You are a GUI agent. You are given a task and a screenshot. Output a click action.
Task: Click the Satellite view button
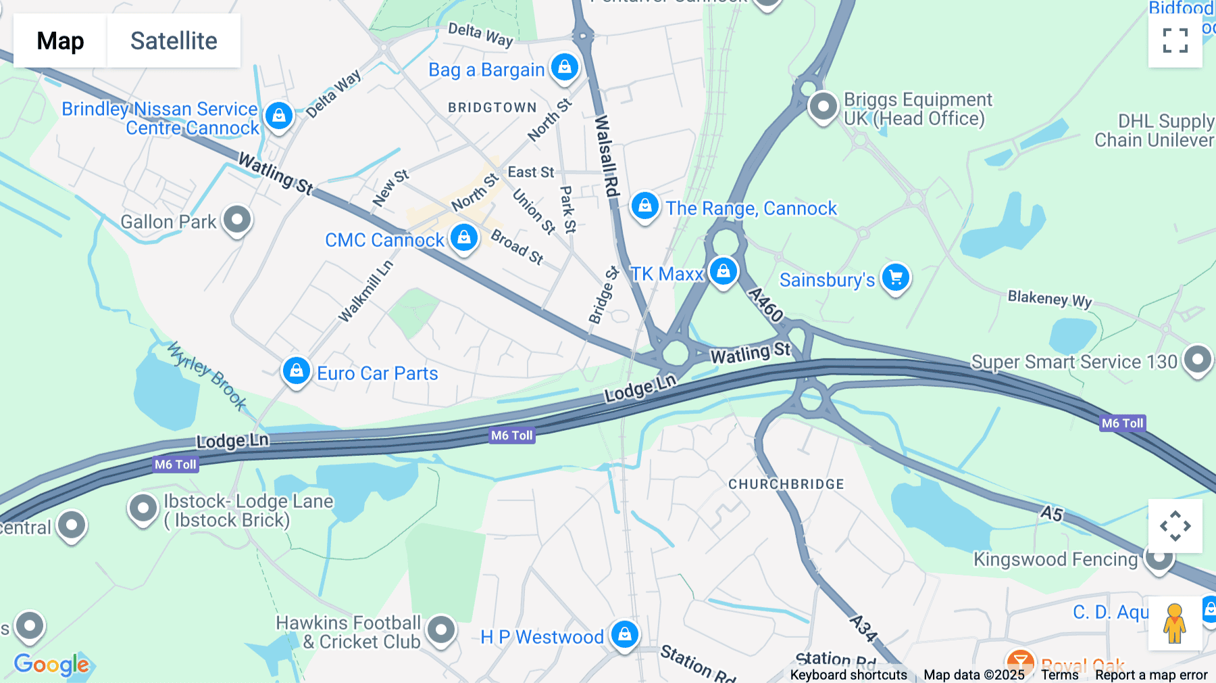pos(174,41)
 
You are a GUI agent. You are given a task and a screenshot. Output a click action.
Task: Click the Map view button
pos(60,41)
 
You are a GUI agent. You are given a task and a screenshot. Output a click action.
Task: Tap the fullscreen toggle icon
pos(1175,41)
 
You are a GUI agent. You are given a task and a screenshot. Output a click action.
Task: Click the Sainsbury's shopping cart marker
pos(896,277)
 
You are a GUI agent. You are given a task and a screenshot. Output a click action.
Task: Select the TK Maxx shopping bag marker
pos(723,272)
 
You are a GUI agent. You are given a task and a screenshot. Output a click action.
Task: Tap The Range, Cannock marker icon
pos(644,206)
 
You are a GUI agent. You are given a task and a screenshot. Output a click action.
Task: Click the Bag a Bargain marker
pos(564,68)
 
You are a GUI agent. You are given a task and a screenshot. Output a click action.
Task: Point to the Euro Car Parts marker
pos(296,371)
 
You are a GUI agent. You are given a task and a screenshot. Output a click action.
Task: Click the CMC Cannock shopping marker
pos(463,237)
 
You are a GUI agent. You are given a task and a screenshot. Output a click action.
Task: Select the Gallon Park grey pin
pos(237,219)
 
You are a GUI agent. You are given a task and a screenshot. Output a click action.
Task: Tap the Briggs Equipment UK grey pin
pos(823,106)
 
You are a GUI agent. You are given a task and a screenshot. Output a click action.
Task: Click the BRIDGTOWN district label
pos(492,108)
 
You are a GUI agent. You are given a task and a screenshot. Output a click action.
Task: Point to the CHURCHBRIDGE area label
pos(786,484)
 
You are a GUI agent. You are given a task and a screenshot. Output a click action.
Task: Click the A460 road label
pos(766,305)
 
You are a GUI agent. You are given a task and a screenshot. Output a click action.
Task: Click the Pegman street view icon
pos(1174,623)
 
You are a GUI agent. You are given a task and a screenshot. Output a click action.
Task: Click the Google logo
pos(51,664)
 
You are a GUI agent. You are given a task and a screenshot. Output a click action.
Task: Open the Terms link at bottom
pos(1059,675)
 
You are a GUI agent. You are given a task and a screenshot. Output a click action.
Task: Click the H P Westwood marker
pos(624,634)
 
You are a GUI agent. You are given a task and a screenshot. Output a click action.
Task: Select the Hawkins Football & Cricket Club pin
pos(441,630)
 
